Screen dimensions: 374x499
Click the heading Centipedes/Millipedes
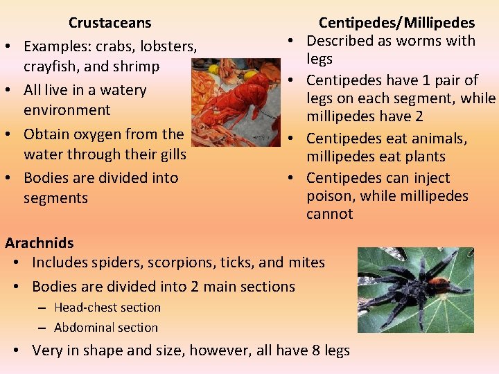pos(396,24)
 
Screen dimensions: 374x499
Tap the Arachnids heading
pos(40,242)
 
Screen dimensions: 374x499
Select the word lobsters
pos(170,46)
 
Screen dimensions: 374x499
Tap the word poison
pos(330,196)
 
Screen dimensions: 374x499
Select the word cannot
pos(330,214)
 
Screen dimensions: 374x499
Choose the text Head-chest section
pos(107,308)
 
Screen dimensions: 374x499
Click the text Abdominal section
pos(106,328)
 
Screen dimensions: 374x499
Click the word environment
pos(67,110)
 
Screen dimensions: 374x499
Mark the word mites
pos(306,262)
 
